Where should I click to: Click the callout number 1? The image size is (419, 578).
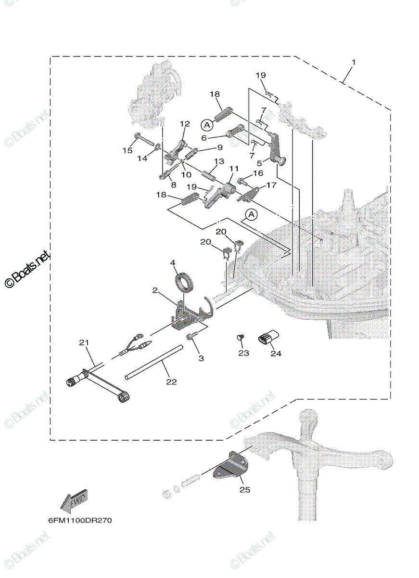354,62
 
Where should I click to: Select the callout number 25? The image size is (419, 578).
244,497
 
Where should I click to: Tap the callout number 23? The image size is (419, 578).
243,353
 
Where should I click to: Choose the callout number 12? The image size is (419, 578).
185,124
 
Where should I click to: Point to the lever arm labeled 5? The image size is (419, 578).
277,149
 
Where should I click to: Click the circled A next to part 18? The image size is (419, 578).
207,125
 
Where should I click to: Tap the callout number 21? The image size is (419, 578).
84,342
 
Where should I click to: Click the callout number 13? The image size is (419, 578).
219,161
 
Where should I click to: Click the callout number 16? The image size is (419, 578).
258,173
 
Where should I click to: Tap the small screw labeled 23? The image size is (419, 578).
241,337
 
